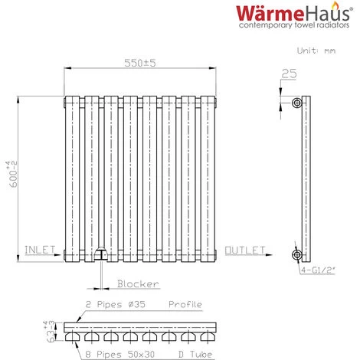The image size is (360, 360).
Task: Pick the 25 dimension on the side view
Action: pyautogui.click(x=288, y=74)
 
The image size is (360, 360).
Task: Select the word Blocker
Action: pyautogui.click(x=139, y=284)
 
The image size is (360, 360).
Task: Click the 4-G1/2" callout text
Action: pyautogui.click(x=319, y=271)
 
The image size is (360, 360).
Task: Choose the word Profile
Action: pyautogui.click(x=184, y=304)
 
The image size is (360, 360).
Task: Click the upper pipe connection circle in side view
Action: pyautogui.click(x=296, y=103)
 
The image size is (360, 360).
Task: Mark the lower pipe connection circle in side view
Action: pyautogui.click(x=296, y=254)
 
